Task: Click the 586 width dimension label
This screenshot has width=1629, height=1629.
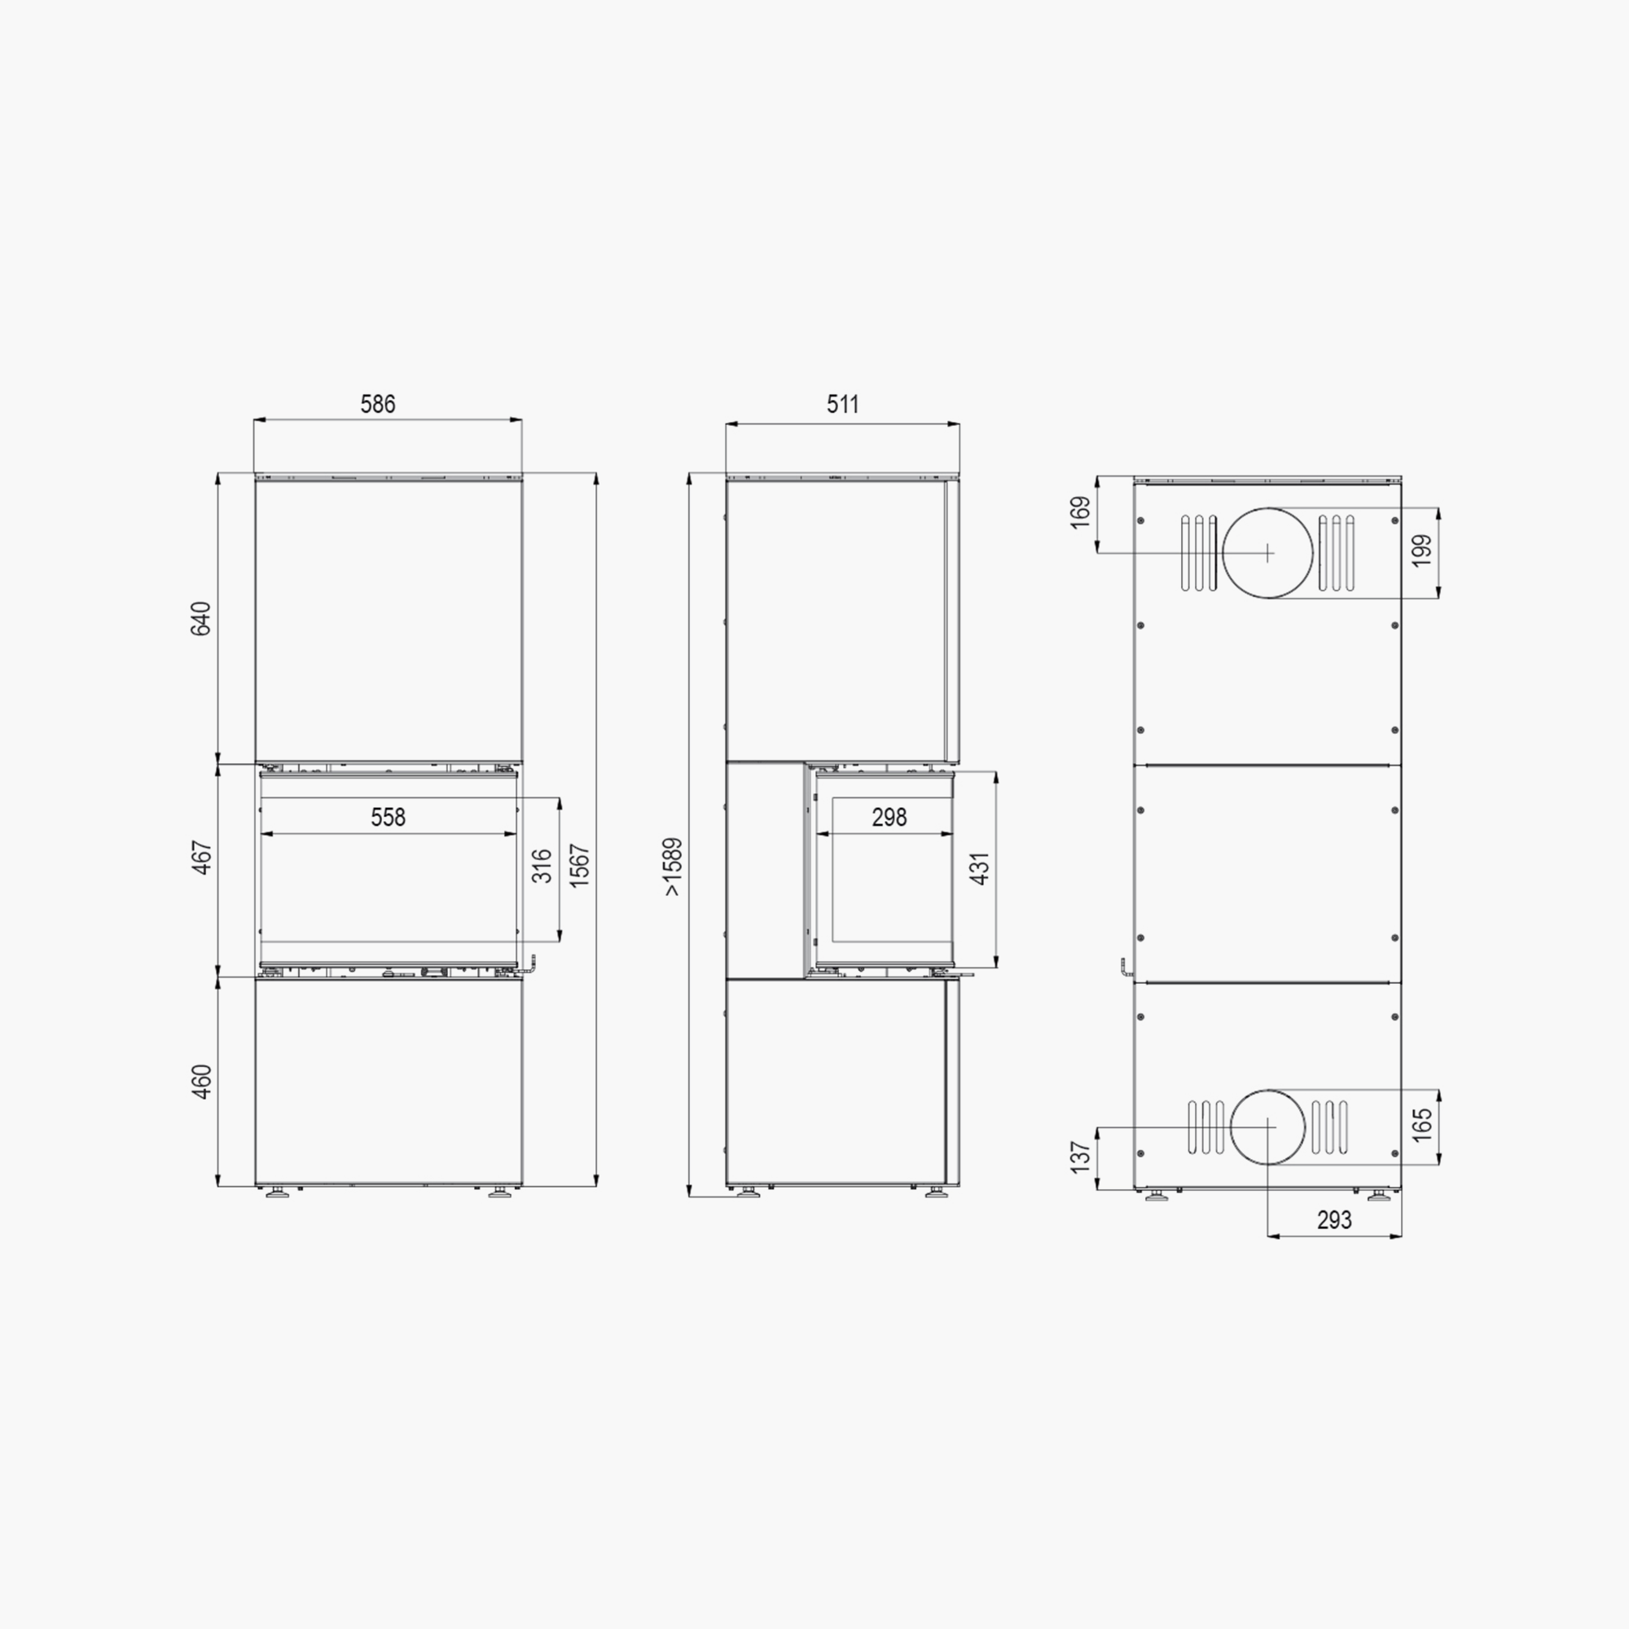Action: click(x=378, y=405)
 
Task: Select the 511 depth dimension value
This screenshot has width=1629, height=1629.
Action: click(x=843, y=405)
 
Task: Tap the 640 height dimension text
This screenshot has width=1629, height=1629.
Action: click(x=201, y=619)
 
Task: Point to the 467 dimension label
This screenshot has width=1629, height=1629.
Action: click(x=201, y=857)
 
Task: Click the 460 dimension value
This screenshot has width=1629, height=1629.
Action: click(x=201, y=1082)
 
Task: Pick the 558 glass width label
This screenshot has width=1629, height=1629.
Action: click(x=388, y=817)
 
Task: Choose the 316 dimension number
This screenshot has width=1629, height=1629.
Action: click(x=542, y=866)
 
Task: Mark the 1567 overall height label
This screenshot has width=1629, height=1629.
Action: click(x=580, y=865)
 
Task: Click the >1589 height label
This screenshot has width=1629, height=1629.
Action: click(x=673, y=867)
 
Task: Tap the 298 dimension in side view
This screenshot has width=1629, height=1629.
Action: click(x=889, y=817)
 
